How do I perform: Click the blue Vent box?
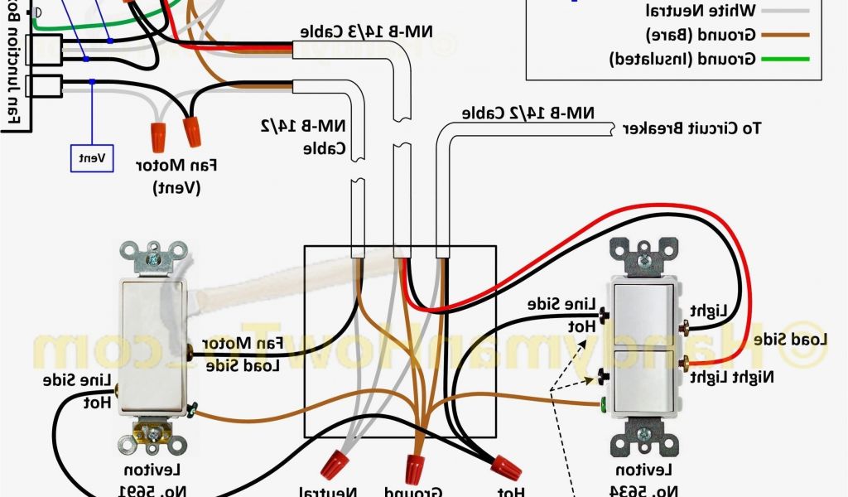[92, 157]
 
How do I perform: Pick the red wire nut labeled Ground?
[415, 467]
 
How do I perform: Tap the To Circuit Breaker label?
[692, 128]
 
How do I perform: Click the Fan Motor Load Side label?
[246, 354]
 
